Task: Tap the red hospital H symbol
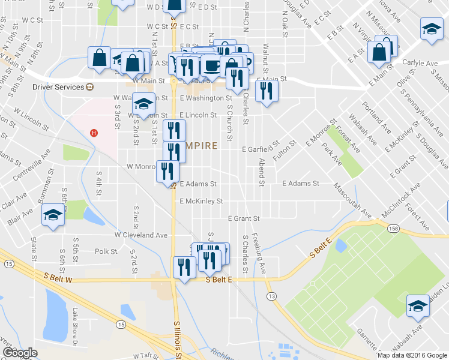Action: click(93, 133)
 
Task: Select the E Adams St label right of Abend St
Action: click(300, 184)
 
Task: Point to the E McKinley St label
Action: click(201, 201)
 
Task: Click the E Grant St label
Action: click(243, 218)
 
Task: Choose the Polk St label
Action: click(105, 251)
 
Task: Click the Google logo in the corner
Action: click(20, 352)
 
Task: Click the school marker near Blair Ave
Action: click(53, 215)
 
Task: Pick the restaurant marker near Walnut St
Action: click(265, 91)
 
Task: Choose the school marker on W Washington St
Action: click(143, 104)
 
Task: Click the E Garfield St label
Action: click(261, 149)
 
